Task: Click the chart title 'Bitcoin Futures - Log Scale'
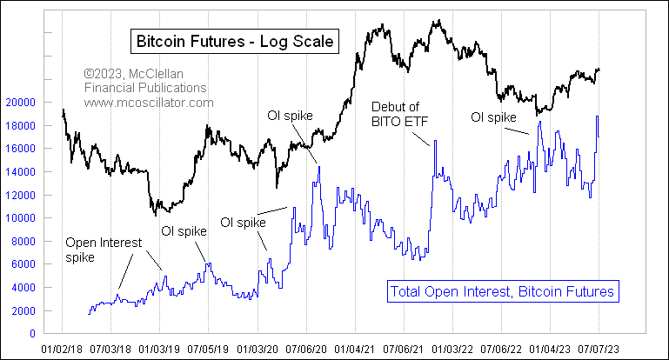point(234,41)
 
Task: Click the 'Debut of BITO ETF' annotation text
point(406,112)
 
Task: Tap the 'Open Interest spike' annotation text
point(103,250)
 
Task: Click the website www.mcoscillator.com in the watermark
point(149,103)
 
